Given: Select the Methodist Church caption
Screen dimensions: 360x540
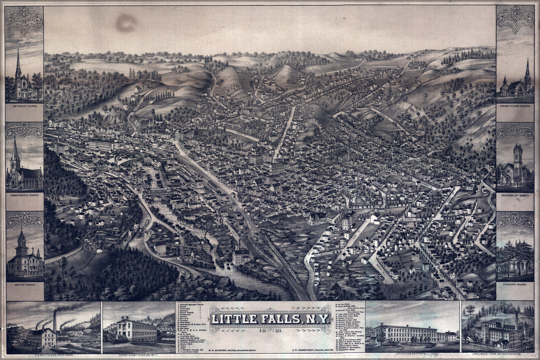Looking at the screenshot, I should [24, 107].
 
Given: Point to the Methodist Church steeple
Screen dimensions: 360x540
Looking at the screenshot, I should [18, 61].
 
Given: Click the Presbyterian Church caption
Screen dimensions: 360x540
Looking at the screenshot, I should [515, 107].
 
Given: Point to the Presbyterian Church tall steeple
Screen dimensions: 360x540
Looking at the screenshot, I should [527, 70].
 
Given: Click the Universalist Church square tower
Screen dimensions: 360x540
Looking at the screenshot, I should [518, 153].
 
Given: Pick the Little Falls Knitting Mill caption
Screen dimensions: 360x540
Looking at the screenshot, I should [414, 349].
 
